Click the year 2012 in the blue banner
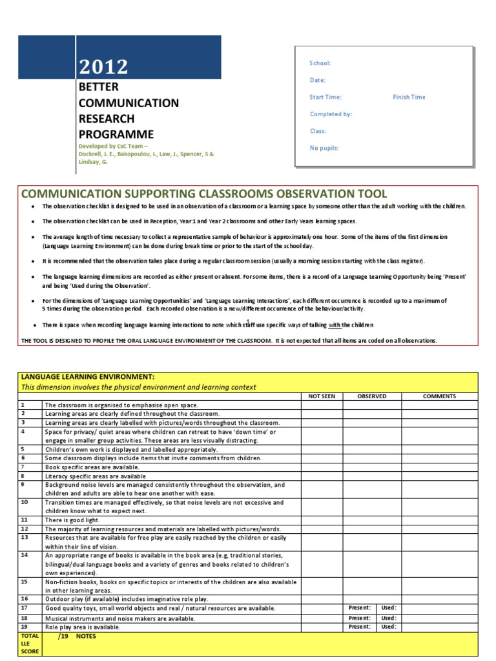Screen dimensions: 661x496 point(103,66)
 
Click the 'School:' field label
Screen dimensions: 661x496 point(320,63)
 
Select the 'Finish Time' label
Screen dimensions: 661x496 point(409,97)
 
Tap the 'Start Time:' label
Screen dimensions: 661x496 point(325,97)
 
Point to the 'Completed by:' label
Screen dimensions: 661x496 point(331,114)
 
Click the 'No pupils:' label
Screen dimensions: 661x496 point(324,148)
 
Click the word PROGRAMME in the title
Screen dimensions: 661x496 point(116,134)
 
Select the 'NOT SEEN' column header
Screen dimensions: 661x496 point(322,396)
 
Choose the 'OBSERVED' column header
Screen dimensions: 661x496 point(372,396)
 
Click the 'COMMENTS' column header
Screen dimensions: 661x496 point(439,396)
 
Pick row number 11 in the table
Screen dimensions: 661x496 point(24,519)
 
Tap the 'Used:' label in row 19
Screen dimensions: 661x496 point(388,626)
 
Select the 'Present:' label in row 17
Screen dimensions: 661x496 point(360,607)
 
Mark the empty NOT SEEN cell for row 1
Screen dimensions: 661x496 point(322,405)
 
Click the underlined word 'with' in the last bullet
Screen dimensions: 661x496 point(335,325)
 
